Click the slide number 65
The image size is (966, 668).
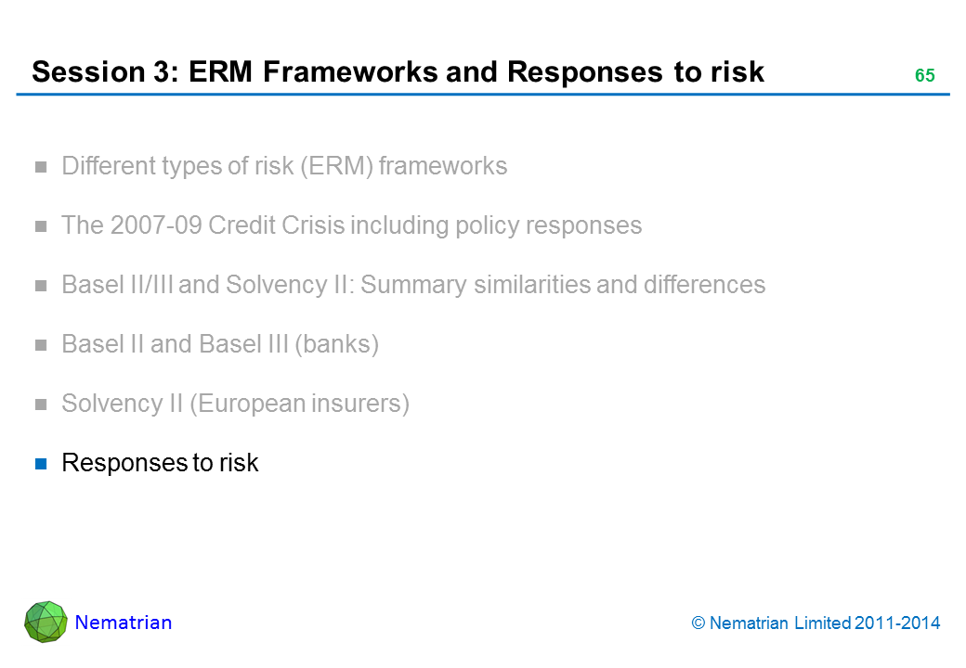925,75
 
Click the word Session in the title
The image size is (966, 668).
88,72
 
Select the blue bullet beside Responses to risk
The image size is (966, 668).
41,464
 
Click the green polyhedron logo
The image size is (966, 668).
46,622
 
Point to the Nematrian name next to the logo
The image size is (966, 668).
124,623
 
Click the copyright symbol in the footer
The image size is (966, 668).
698,623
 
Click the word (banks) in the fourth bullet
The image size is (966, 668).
336,344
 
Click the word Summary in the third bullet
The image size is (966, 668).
413,285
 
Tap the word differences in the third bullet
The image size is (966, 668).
704,285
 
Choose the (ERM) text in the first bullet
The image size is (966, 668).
337,166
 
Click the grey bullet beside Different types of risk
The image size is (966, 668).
41,167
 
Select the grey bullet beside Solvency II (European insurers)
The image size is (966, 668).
41,405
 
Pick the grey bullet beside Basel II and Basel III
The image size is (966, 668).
41,345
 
